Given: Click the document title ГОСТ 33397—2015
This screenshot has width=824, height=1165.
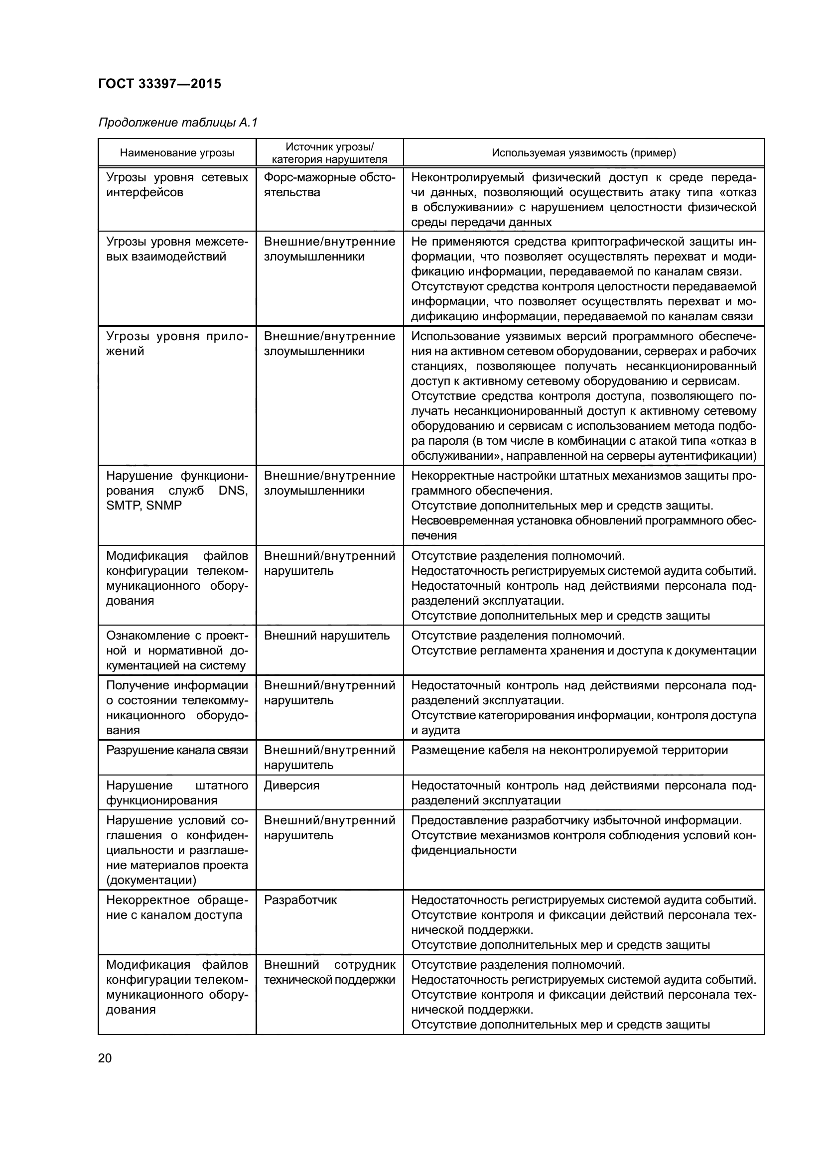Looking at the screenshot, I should pyautogui.click(x=159, y=84).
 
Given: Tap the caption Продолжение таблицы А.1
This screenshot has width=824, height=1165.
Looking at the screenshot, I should pyautogui.click(x=177, y=123).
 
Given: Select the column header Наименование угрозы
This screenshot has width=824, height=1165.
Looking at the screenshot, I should pyautogui.click(x=177, y=153).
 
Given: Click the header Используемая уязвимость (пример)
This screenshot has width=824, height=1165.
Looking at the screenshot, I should pyautogui.click(x=583, y=153).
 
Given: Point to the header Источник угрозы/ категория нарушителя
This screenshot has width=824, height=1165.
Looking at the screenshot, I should pyautogui.click(x=329, y=153).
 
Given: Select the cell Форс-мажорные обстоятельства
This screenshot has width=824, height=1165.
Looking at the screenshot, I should pyautogui.click(x=329, y=185).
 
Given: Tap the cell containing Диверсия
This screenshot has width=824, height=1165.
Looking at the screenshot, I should pyautogui.click(x=292, y=785).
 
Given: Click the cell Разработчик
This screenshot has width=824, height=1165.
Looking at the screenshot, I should pyautogui.click(x=300, y=900).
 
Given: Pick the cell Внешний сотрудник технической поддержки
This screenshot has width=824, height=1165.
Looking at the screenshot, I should pyautogui.click(x=329, y=972).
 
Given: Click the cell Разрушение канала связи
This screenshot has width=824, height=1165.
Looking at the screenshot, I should pyautogui.click(x=177, y=751).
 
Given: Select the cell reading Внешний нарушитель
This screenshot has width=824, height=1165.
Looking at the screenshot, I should pyautogui.click(x=327, y=636).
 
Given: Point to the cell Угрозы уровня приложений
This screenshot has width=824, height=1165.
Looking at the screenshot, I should pyautogui.click(x=177, y=344).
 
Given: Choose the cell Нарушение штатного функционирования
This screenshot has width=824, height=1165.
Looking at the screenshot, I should pyautogui.click(x=177, y=792).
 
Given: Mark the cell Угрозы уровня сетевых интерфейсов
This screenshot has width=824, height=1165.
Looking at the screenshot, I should pyautogui.click(x=177, y=185).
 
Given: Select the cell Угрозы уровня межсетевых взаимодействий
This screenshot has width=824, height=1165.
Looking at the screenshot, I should pyautogui.click(x=177, y=249).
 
